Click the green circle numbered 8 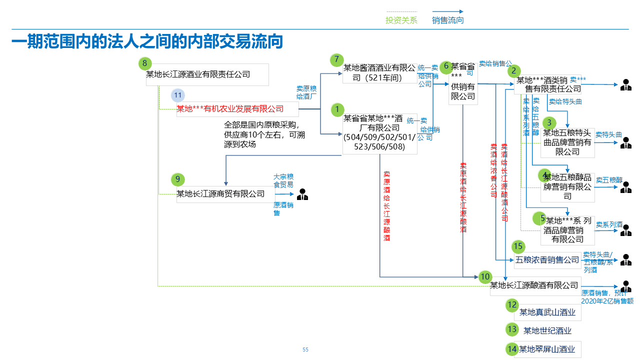(x=145, y=63)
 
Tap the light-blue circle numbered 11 (x=177, y=95)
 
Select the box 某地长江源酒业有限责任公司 (x=207, y=75)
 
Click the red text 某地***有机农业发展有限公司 (x=230, y=109)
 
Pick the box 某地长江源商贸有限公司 (x=220, y=193)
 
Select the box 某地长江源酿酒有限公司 (x=534, y=285)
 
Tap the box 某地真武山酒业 (x=547, y=313)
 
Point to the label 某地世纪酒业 (x=547, y=331)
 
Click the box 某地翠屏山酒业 (x=547, y=349)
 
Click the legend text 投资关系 (x=401, y=20)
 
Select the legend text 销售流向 (x=447, y=20)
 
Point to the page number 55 (x=305, y=349)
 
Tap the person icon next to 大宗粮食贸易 (x=302, y=194)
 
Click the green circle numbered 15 (x=518, y=246)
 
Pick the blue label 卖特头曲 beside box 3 (x=608, y=135)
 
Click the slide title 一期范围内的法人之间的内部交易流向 (x=147, y=42)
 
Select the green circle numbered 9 (x=177, y=179)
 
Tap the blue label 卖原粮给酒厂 (x=306, y=92)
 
